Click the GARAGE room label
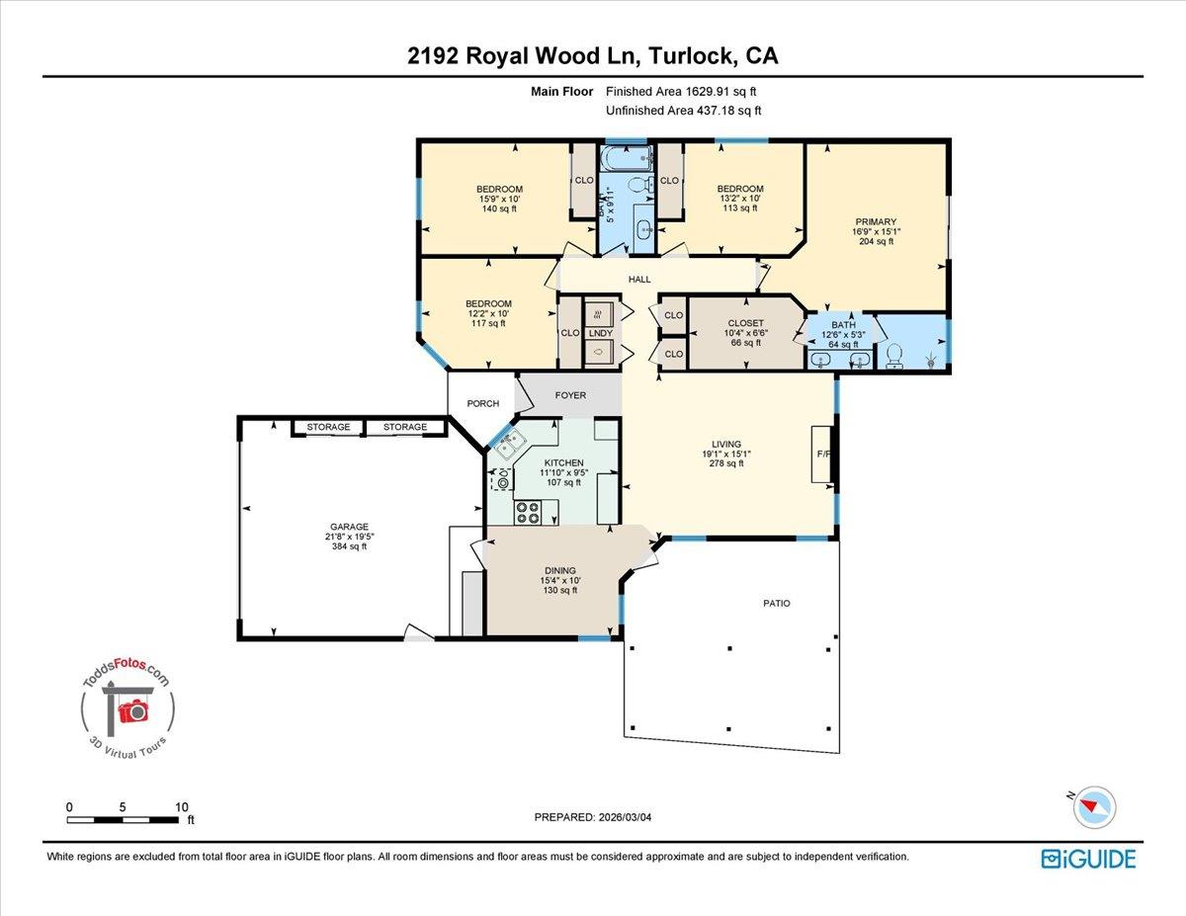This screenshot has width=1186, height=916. pos(349,527)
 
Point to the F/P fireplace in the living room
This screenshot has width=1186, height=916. pos(822,455)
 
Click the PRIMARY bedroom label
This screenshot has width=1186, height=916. pos(875,222)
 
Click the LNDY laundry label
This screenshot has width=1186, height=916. pos(600,333)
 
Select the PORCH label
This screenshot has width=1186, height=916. pos(483,403)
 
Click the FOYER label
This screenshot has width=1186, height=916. pos(570,395)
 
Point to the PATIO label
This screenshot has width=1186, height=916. pos(776,603)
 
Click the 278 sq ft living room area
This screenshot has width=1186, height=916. pos(725,463)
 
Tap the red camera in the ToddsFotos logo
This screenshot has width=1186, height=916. pos(131,710)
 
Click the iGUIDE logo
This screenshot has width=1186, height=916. pos(1088,859)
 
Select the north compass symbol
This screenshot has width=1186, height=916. pos(1095,806)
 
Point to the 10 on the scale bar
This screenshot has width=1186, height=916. pos(181,807)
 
